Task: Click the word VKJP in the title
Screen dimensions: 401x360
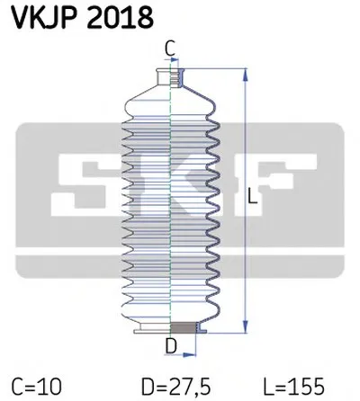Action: pyautogui.click(x=39, y=17)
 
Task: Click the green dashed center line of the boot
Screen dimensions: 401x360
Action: pyautogui.click(x=172, y=198)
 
